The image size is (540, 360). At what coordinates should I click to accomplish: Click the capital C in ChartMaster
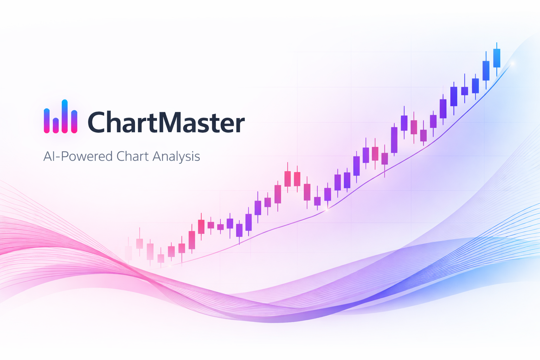click(x=96, y=122)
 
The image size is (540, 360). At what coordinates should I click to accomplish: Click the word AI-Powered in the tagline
click(x=78, y=156)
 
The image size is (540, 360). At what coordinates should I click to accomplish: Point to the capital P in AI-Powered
click(x=65, y=156)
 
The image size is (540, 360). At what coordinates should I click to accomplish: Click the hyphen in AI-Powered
click(x=58, y=157)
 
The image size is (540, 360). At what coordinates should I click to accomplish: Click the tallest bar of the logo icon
click(x=65, y=116)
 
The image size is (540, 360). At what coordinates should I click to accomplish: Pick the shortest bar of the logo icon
click(x=56, y=126)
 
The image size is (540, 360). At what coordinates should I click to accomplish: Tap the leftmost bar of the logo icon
click(x=46, y=121)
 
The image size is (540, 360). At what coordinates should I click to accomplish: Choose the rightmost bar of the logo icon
click(x=74, y=122)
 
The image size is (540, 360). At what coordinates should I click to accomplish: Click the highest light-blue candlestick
click(x=497, y=58)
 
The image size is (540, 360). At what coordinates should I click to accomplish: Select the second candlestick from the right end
click(x=486, y=70)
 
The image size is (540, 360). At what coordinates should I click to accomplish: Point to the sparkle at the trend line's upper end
click(x=512, y=63)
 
